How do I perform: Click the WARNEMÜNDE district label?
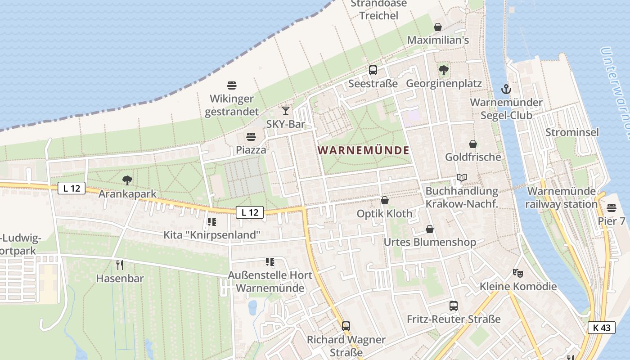click(364, 150)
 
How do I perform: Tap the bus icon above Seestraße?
click(373, 70)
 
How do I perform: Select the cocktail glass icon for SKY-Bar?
click(285, 110)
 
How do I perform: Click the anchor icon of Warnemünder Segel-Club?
click(506, 89)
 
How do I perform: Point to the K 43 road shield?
click(601, 328)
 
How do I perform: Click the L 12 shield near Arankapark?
click(72, 189)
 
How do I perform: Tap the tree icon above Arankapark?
click(127, 180)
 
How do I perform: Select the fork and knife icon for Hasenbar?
click(120, 265)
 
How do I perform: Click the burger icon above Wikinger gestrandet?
click(232, 85)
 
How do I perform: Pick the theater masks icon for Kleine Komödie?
click(518, 273)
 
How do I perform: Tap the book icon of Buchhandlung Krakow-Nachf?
click(462, 177)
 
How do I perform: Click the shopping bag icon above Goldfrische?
click(473, 144)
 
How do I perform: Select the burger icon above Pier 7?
click(611, 208)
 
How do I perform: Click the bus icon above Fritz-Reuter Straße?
click(454, 306)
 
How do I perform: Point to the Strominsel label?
click(572, 132)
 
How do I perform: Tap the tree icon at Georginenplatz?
click(444, 70)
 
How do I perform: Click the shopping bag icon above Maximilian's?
click(438, 27)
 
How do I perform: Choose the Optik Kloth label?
click(384, 214)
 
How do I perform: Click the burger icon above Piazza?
click(251, 136)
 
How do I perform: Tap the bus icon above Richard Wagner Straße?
click(346, 326)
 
